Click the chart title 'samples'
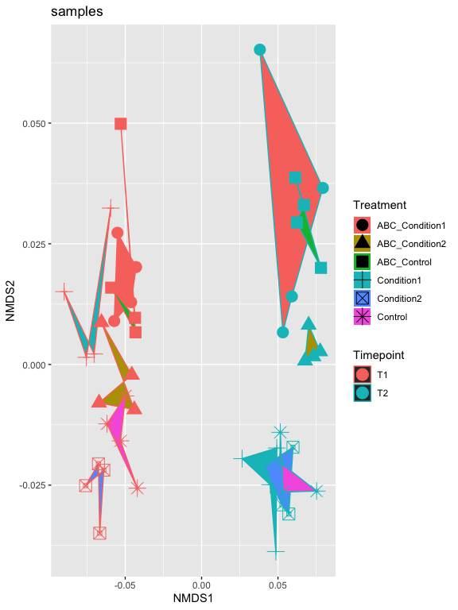point(76,12)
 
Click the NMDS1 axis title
point(193,598)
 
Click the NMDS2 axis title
point(10,301)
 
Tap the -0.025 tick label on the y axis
point(33,485)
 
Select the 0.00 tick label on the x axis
point(201,585)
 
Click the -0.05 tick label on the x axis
point(125,585)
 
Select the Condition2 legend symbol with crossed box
point(363,299)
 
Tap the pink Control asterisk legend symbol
point(363,317)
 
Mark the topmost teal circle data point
point(260,50)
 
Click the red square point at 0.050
point(121,124)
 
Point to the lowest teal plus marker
point(276,551)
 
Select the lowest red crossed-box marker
point(99,533)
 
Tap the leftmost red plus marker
point(64,291)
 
